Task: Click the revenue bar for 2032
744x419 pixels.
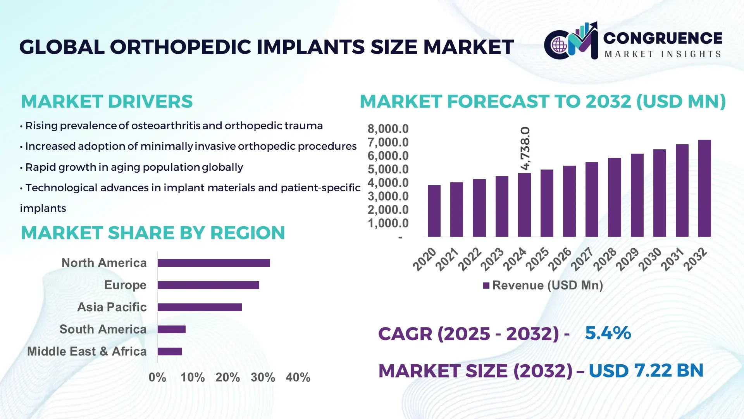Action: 704,188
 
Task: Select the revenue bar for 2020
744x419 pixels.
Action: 434,211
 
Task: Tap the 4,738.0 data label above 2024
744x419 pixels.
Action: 525,148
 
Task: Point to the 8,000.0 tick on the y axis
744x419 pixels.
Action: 388,129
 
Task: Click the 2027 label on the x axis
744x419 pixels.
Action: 582,259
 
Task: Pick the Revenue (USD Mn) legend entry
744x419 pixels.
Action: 543,286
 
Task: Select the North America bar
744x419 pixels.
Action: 214,263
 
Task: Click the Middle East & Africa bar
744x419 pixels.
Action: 170,351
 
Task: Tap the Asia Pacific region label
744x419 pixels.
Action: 112,307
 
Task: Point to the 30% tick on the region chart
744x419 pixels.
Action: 263,377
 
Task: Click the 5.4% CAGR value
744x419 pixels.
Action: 608,333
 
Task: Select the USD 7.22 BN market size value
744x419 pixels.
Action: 646,371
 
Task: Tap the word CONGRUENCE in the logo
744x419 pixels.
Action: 662,38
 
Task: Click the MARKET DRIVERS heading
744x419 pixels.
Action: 107,102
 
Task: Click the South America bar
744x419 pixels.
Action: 171,329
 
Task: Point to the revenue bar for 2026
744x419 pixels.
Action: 569,201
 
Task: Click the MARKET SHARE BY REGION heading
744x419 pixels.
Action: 153,233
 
